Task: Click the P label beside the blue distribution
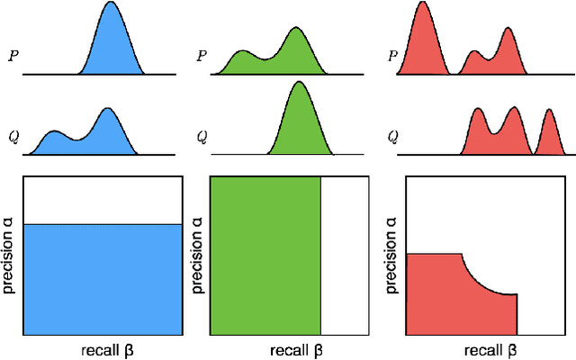click(13, 54)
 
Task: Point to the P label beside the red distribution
click(393, 54)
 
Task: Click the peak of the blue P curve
click(111, 4)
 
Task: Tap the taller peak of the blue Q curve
click(108, 111)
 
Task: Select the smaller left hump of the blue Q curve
click(54, 133)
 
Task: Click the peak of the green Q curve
click(298, 84)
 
